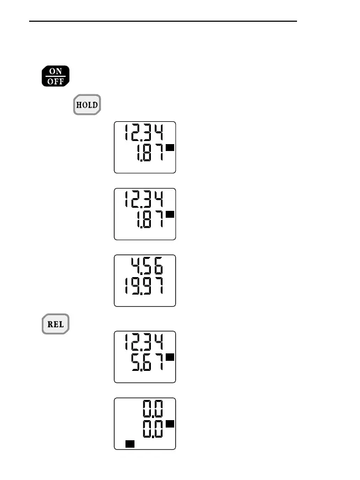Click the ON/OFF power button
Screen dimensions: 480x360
pyautogui.click(x=56, y=76)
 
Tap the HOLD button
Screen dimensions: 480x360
pyautogui.click(x=87, y=104)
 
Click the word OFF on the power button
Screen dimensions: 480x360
pyautogui.click(x=56, y=81)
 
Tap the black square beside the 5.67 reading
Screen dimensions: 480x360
pyautogui.click(x=170, y=358)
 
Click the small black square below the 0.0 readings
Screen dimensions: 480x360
pyautogui.click(x=130, y=444)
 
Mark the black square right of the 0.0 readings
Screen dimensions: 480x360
pyautogui.click(x=170, y=424)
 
